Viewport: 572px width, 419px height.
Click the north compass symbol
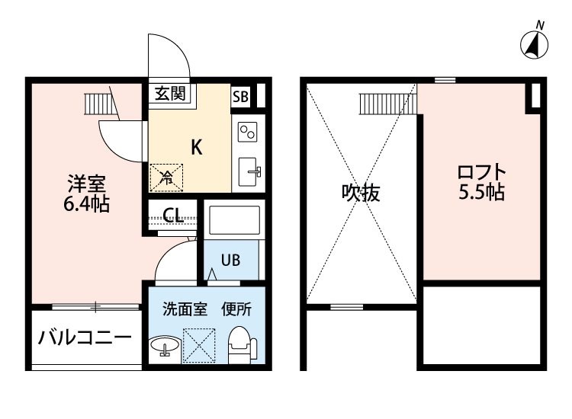click(534, 45)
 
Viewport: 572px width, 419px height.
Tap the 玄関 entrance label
click(170, 94)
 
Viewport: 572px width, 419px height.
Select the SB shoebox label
click(240, 97)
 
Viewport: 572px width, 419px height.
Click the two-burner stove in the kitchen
click(247, 132)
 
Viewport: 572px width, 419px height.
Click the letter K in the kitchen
click(197, 147)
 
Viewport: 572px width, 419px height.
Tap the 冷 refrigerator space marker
click(166, 178)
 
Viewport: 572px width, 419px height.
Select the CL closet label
click(173, 216)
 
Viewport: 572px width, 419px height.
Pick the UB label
click(230, 260)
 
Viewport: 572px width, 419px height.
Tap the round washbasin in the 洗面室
click(165, 345)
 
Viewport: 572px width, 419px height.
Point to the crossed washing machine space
click(199, 346)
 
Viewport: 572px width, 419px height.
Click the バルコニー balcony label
click(85, 337)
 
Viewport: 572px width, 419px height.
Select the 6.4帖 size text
click(86, 204)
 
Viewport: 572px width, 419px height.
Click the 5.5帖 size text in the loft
click(481, 192)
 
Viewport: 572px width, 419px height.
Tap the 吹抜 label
click(362, 193)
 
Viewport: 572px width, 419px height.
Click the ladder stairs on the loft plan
click(388, 104)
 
